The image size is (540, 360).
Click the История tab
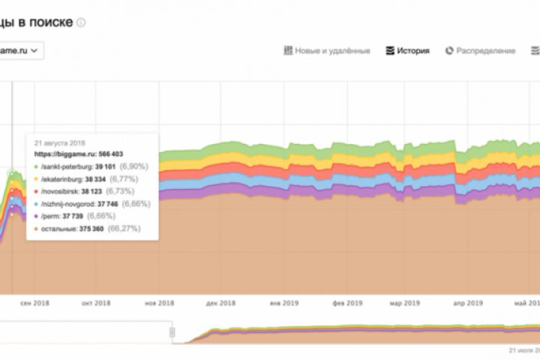coord(408,51)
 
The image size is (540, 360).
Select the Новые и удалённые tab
coord(327,51)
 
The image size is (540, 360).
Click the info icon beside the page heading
coord(81,22)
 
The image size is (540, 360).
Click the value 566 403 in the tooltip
coord(107,154)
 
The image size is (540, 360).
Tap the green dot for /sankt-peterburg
coord(36,166)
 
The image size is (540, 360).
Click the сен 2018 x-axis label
coord(34,304)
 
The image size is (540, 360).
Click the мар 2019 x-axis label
coord(404,304)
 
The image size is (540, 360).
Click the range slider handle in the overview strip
coord(172,332)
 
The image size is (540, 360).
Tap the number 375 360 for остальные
coord(88,227)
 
